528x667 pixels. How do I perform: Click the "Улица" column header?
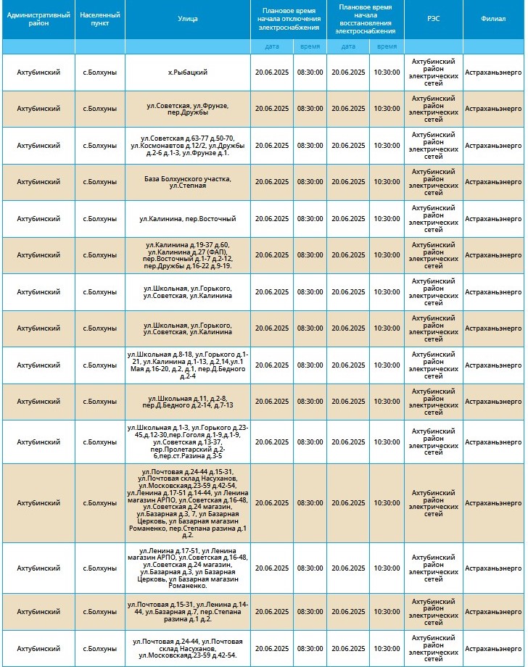pyautogui.click(x=187, y=19)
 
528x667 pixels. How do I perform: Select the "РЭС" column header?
pyautogui.click(x=433, y=19)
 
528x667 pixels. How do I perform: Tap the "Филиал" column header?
pyautogui.click(x=494, y=19)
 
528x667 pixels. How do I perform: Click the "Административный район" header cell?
pyautogui.click(x=38, y=19)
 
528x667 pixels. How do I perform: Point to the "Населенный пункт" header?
pyautogui.click(x=99, y=19)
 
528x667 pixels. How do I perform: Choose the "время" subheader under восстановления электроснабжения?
pyautogui.click(x=387, y=46)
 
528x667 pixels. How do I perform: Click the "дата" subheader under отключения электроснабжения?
pyautogui.click(x=272, y=46)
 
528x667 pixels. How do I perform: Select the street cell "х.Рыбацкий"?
pyautogui.click(x=187, y=72)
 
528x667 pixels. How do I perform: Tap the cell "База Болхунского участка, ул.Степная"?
pyautogui.click(x=187, y=182)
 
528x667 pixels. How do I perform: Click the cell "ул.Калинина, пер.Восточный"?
pyautogui.click(x=187, y=218)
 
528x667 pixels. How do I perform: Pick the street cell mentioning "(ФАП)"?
pyautogui.click(x=187, y=255)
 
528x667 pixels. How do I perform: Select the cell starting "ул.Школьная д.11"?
pyautogui.click(x=187, y=402)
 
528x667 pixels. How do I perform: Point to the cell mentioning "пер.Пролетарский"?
pyautogui.click(x=187, y=442)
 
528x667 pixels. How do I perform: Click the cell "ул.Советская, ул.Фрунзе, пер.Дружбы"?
pyautogui.click(x=187, y=109)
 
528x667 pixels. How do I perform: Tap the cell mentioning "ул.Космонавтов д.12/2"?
pyautogui.click(x=187, y=146)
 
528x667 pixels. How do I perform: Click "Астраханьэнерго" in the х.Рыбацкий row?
pyautogui.click(x=494, y=72)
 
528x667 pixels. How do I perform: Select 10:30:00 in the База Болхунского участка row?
pyautogui.click(x=387, y=182)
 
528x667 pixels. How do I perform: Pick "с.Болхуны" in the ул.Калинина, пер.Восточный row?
pyautogui.click(x=99, y=218)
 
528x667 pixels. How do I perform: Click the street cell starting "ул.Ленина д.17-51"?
pyautogui.click(x=187, y=568)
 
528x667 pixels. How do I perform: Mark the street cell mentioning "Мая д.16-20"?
pyautogui.click(x=187, y=365)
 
